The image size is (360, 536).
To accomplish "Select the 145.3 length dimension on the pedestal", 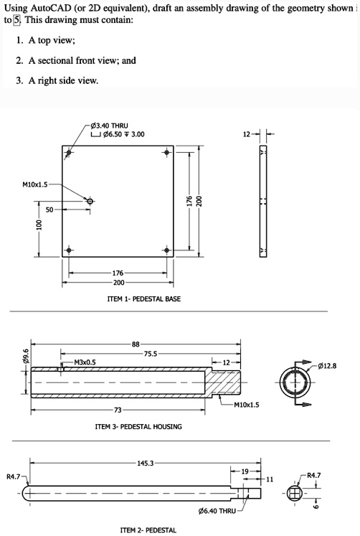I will [x=145, y=464].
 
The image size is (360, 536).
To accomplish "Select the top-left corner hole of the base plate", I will [x=69, y=153].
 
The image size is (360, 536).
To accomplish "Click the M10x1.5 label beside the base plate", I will [x=35, y=185].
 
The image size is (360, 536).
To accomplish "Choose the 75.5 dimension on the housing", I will [x=151, y=353].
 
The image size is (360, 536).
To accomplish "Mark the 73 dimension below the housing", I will [x=118, y=410].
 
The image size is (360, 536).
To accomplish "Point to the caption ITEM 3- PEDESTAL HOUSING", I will [x=138, y=426].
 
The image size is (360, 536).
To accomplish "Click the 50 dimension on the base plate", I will [x=49, y=210].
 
